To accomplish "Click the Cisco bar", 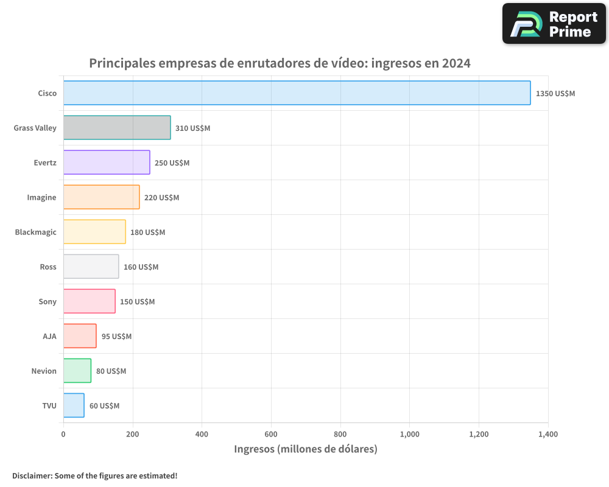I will (x=297, y=93).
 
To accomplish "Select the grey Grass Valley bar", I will (x=117, y=128).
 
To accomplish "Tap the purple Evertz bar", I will (x=107, y=163).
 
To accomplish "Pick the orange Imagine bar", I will (x=101, y=197).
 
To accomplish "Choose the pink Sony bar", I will (x=89, y=301).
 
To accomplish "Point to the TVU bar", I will (x=74, y=405).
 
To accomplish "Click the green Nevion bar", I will (x=77, y=371).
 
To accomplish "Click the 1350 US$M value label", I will (x=555, y=94).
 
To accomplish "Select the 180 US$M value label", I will (x=147, y=233).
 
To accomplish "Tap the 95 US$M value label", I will (x=116, y=337).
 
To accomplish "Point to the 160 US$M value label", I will (x=141, y=267).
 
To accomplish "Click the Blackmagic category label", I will (x=35, y=232).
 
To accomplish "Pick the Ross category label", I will (x=48, y=267).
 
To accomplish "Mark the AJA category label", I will (x=49, y=336).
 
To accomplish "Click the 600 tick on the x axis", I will (x=271, y=435).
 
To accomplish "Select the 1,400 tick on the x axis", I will (x=548, y=435).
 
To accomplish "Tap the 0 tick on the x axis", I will (x=63, y=435).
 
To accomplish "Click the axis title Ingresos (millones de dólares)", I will (x=306, y=449).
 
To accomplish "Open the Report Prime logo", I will (x=554, y=24).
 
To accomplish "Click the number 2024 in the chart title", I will (x=456, y=63).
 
